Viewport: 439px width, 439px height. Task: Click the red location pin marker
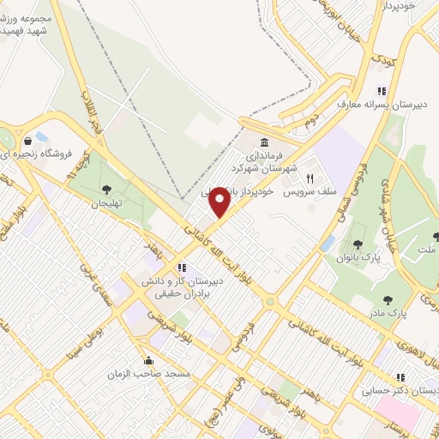point(220,201)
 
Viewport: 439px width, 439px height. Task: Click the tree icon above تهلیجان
point(106,190)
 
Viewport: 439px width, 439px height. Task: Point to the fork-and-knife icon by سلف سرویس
point(310,179)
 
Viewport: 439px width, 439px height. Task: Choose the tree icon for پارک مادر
point(388,300)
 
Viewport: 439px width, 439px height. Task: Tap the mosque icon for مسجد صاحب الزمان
point(149,361)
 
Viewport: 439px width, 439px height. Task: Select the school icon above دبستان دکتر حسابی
point(400,376)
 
